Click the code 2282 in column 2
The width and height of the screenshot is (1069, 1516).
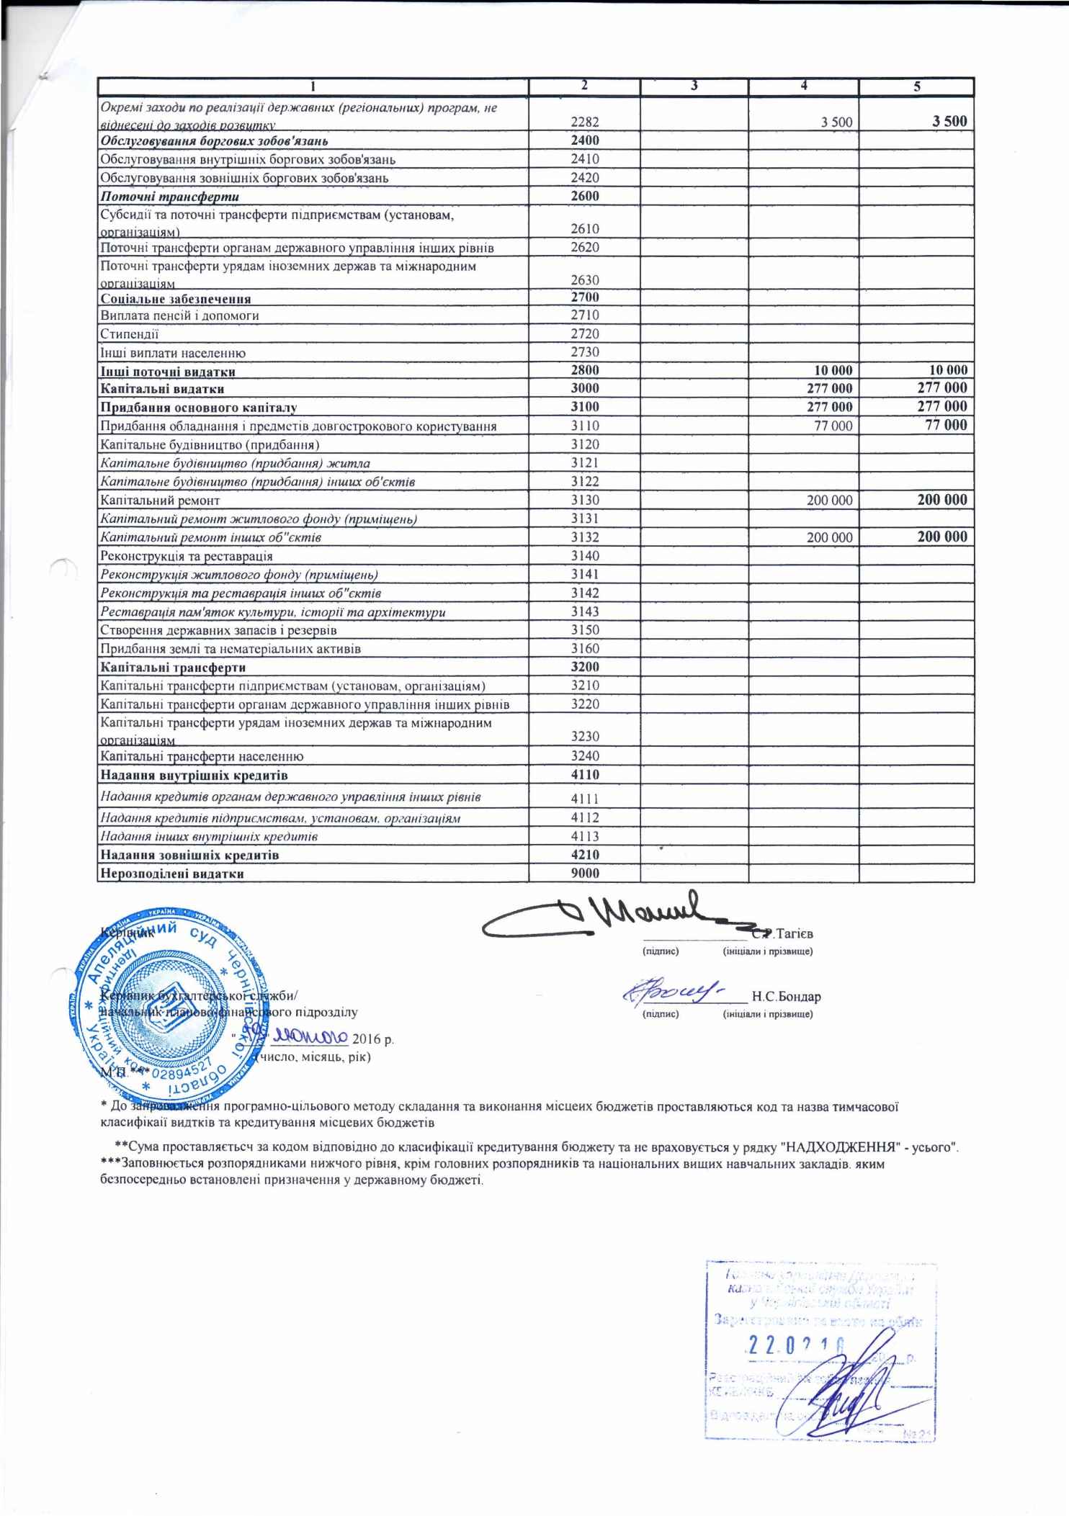click(584, 122)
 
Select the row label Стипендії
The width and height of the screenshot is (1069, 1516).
click(130, 334)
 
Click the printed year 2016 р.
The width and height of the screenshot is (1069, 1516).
click(372, 1040)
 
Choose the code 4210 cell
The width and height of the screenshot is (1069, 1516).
click(584, 855)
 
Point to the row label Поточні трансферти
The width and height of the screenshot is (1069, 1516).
click(170, 197)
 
